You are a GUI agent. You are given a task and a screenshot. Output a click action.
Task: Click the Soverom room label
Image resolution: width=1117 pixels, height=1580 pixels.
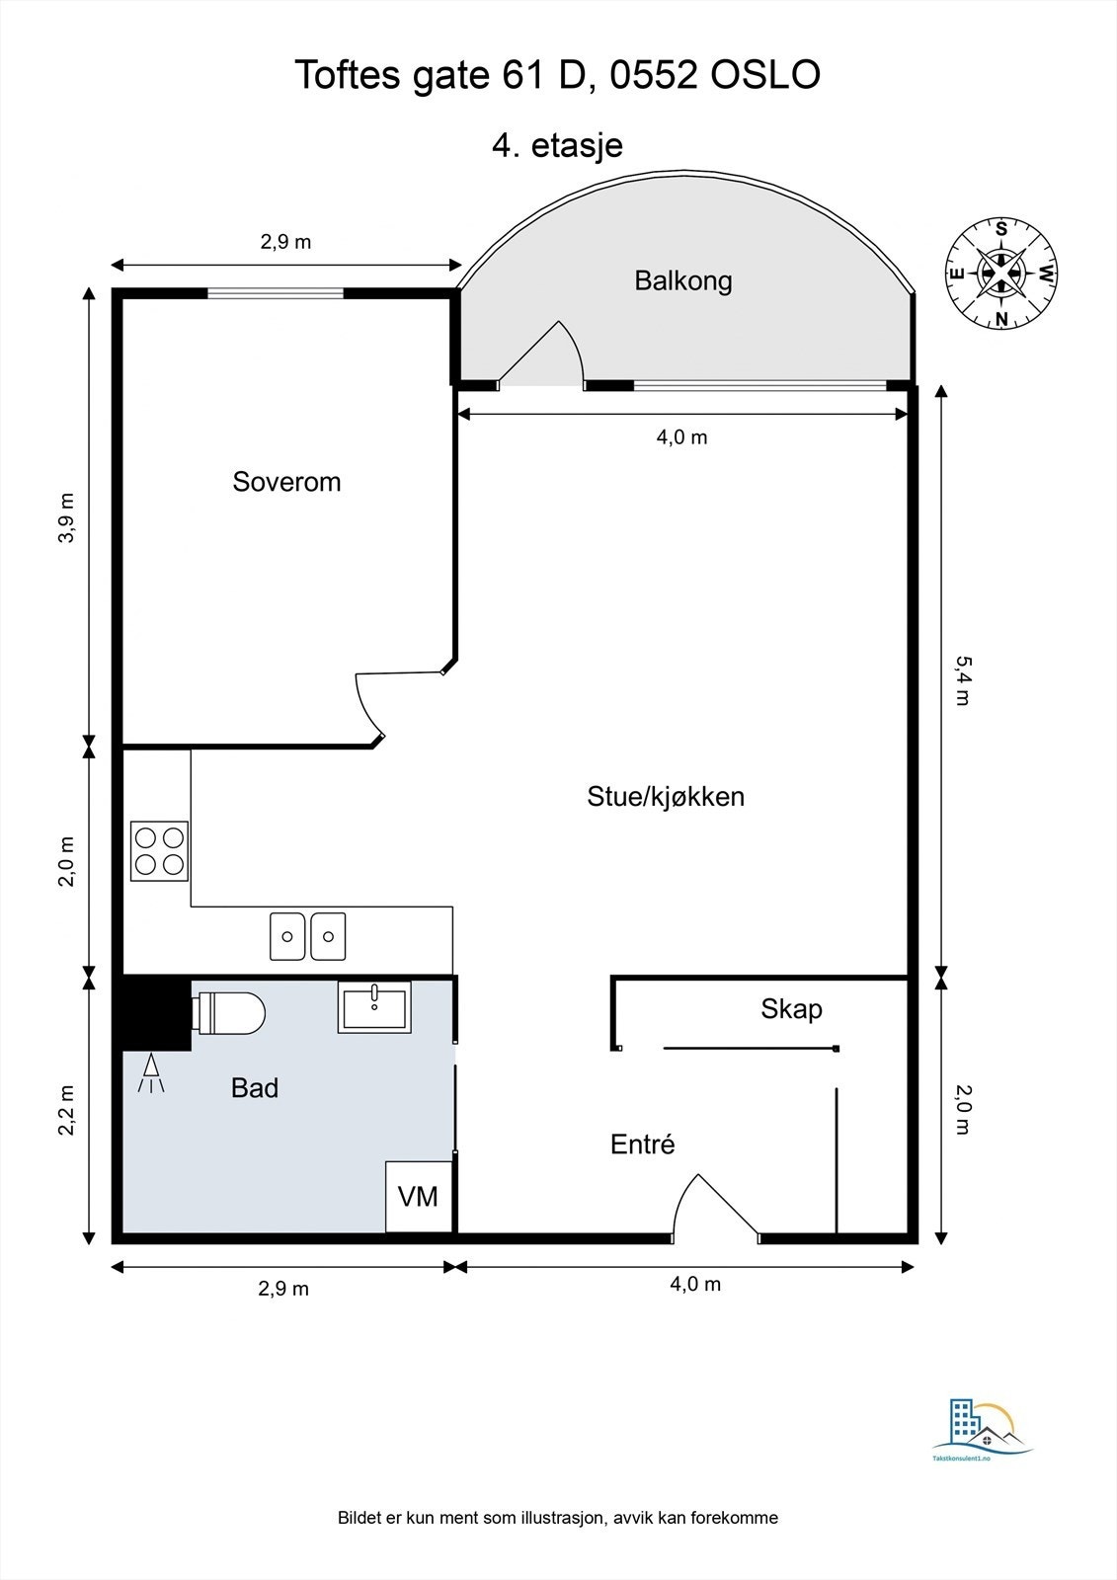[286, 482]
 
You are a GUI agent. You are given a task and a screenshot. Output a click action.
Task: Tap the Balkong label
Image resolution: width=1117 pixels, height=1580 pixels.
[683, 280]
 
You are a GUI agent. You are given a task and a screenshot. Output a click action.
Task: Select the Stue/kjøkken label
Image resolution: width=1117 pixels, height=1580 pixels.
[666, 796]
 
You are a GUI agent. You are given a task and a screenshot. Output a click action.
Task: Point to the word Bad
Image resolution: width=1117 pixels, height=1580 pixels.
[255, 1088]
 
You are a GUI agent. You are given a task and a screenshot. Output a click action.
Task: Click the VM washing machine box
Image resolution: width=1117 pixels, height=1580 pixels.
[418, 1197]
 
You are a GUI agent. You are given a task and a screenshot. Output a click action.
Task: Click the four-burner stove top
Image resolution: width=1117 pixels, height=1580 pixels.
[160, 851]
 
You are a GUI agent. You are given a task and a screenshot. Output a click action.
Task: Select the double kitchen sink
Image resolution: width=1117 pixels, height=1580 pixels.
[308, 936]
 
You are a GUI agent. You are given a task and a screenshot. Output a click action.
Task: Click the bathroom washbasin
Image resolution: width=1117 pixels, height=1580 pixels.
[374, 1007]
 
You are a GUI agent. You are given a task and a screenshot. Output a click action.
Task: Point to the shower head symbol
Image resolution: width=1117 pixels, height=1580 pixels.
[151, 1074]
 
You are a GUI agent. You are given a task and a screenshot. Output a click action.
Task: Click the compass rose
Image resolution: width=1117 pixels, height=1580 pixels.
[1001, 273]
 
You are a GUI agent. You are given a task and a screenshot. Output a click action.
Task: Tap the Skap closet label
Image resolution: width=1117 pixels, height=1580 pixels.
[791, 1009]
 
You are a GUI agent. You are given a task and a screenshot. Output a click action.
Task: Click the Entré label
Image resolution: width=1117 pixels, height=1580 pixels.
[643, 1145]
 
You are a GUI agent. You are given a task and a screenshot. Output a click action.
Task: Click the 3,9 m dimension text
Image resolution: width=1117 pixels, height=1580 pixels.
[66, 517]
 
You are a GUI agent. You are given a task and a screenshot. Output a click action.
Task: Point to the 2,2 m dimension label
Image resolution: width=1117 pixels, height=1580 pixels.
[66, 1110]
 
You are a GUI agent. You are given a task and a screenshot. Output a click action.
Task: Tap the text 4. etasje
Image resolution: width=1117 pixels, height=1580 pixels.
[557, 145]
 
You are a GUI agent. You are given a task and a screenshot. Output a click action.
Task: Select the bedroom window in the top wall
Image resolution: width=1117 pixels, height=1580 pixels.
[276, 292]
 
